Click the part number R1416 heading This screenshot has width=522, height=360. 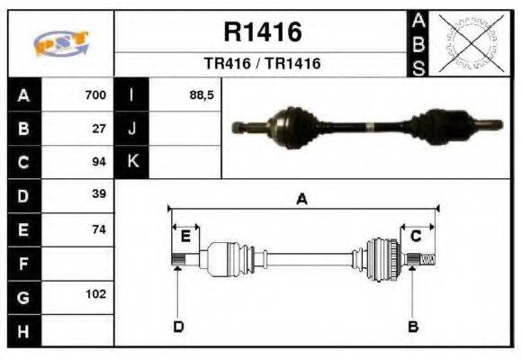(x=262, y=33)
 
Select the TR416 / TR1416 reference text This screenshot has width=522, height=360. (x=262, y=64)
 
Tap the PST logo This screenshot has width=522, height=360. (x=60, y=43)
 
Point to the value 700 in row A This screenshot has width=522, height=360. (x=95, y=94)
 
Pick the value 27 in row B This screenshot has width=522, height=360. (x=99, y=128)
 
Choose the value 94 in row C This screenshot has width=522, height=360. (x=99, y=162)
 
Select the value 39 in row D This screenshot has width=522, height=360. (x=99, y=194)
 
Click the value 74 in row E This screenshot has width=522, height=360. (x=99, y=229)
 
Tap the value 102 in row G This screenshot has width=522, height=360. (x=96, y=294)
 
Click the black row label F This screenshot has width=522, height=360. (x=24, y=265)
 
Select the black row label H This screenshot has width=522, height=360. (x=24, y=330)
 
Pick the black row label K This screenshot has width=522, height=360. (x=132, y=162)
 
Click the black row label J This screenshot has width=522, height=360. (x=132, y=129)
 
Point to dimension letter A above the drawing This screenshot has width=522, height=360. (x=301, y=200)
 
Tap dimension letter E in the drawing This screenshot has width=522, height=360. (x=185, y=237)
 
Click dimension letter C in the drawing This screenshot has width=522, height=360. (x=416, y=237)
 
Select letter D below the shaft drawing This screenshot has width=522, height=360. (x=178, y=326)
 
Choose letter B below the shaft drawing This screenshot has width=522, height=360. (x=413, y=326)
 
